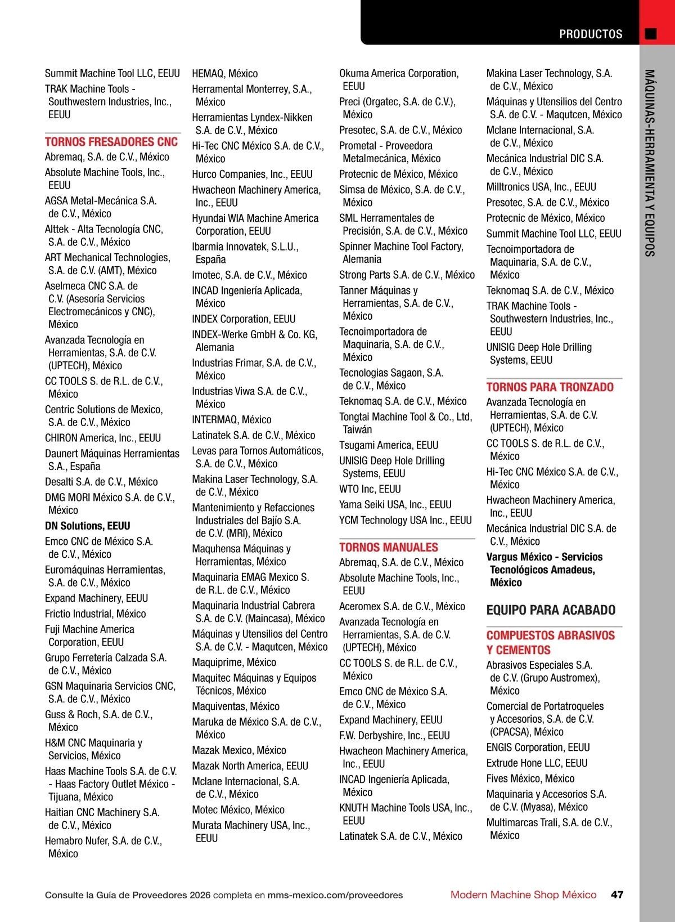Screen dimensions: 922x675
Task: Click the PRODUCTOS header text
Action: [591, 34]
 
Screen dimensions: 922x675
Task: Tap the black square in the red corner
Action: [651, 34]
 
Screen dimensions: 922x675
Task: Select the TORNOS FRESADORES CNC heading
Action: [111, 142]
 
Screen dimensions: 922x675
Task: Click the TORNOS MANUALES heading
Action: [388, 547]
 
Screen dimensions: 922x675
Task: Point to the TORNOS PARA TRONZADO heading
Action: [550, 387]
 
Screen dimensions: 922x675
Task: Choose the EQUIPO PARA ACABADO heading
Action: [551, 610]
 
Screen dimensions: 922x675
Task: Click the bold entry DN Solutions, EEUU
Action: [88, 526]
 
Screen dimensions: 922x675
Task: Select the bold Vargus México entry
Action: [544, 569]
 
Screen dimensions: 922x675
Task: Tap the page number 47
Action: [617, 894]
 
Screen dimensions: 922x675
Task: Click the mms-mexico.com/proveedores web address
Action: [335, 895]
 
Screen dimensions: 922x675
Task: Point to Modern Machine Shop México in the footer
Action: [523, 894]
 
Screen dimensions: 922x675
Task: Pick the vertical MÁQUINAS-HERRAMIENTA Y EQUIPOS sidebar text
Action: [650, 163]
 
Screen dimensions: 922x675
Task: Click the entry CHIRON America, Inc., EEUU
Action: [103, 438]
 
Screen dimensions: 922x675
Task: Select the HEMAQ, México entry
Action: [225, 74]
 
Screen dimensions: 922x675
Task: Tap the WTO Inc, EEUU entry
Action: [370, 489]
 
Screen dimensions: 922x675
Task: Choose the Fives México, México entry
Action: [530, 778]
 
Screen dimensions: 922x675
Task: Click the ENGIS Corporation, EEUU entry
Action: [538, 748]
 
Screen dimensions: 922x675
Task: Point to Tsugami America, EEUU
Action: [389, 445]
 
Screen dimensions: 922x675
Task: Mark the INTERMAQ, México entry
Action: [232, 420]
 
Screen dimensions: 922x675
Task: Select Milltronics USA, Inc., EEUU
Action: [541, 187]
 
